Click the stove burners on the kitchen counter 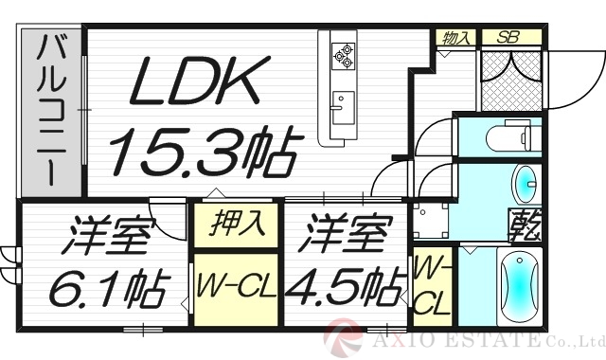342,56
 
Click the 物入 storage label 457,38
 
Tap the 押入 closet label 236,227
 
